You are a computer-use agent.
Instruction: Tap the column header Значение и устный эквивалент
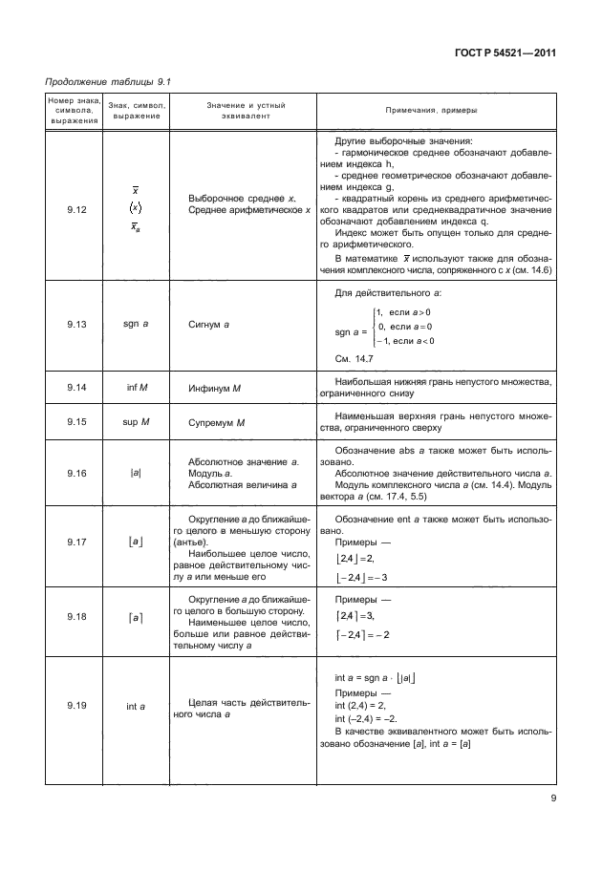point(245,110)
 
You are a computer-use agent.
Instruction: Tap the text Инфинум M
point(216,387)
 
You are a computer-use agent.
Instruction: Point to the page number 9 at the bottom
point(552,798)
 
